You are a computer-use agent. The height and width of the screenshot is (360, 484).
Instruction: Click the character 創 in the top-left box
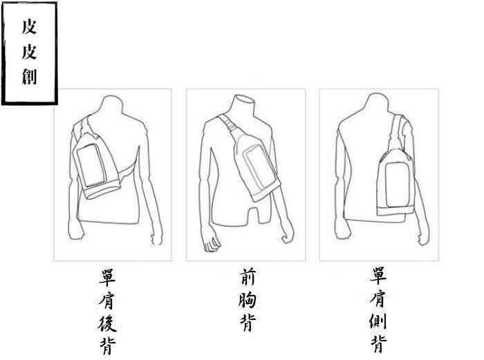(29, 77)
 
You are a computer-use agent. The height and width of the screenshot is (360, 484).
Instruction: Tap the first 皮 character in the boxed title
(29, 26)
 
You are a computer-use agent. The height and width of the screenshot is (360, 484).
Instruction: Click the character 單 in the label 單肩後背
(107, 277)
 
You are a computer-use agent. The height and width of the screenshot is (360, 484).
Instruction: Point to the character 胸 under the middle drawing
(248, 299)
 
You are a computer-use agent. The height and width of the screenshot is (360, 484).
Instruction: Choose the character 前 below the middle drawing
(248, 276)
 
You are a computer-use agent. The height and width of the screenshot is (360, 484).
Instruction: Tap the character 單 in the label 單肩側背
(378, 276)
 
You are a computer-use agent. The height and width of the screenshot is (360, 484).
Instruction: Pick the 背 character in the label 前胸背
(248, 322)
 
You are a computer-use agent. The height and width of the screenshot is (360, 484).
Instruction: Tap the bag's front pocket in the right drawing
(398, 184)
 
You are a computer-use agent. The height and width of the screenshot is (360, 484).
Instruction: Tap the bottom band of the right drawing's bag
(395, 211)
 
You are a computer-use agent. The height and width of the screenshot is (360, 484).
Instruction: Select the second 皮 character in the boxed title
(29, 52)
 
